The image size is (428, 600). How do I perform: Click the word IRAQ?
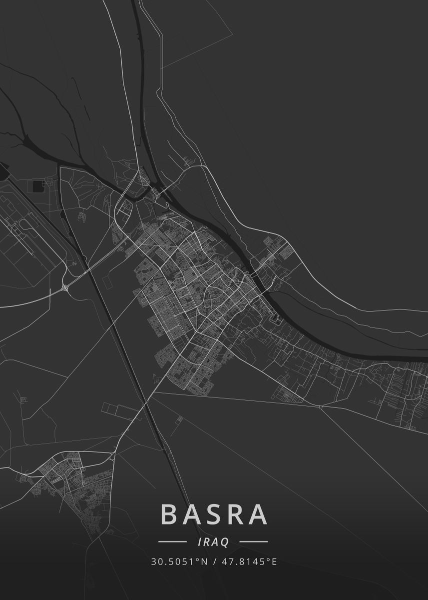pyautogui.click(x=213, y=541)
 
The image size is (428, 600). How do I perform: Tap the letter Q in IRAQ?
pyautogui.click(x=225, y=542)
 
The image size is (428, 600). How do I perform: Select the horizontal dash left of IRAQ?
pyautogui.click(x=172, y=541)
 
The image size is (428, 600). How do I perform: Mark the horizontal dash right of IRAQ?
pyautogui.click(x=253, y=541)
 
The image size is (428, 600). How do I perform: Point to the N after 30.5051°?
pyautogui.click(x=204, y=561)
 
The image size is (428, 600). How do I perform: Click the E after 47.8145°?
pyautogui.click(x=274, y=561)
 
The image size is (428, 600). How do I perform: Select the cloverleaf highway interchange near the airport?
pyautogui.click(x=65, y=287)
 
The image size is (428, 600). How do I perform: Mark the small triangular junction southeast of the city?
pyautogui.click(x=321, y=407)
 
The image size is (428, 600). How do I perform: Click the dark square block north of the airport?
pyautogui.click(x=38, y=186)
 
